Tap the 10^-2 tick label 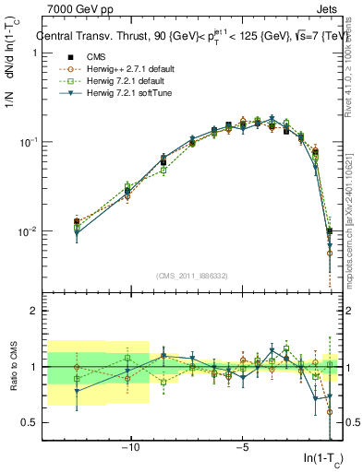coord(29,231)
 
